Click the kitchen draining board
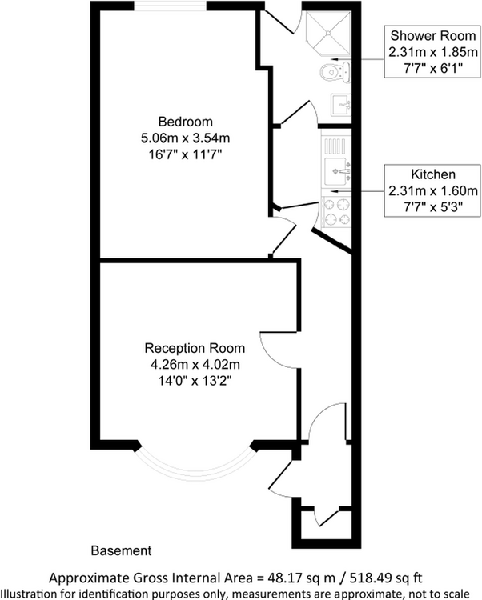tap(335, 145)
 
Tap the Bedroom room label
tap(179, 122)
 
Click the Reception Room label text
tap(195, 349)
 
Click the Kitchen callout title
tap(433, 174)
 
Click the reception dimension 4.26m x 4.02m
tap(195, 365)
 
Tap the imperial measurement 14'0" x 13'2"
tap(195, 381)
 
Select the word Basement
tap(120, 551)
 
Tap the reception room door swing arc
tap(271, 352)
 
